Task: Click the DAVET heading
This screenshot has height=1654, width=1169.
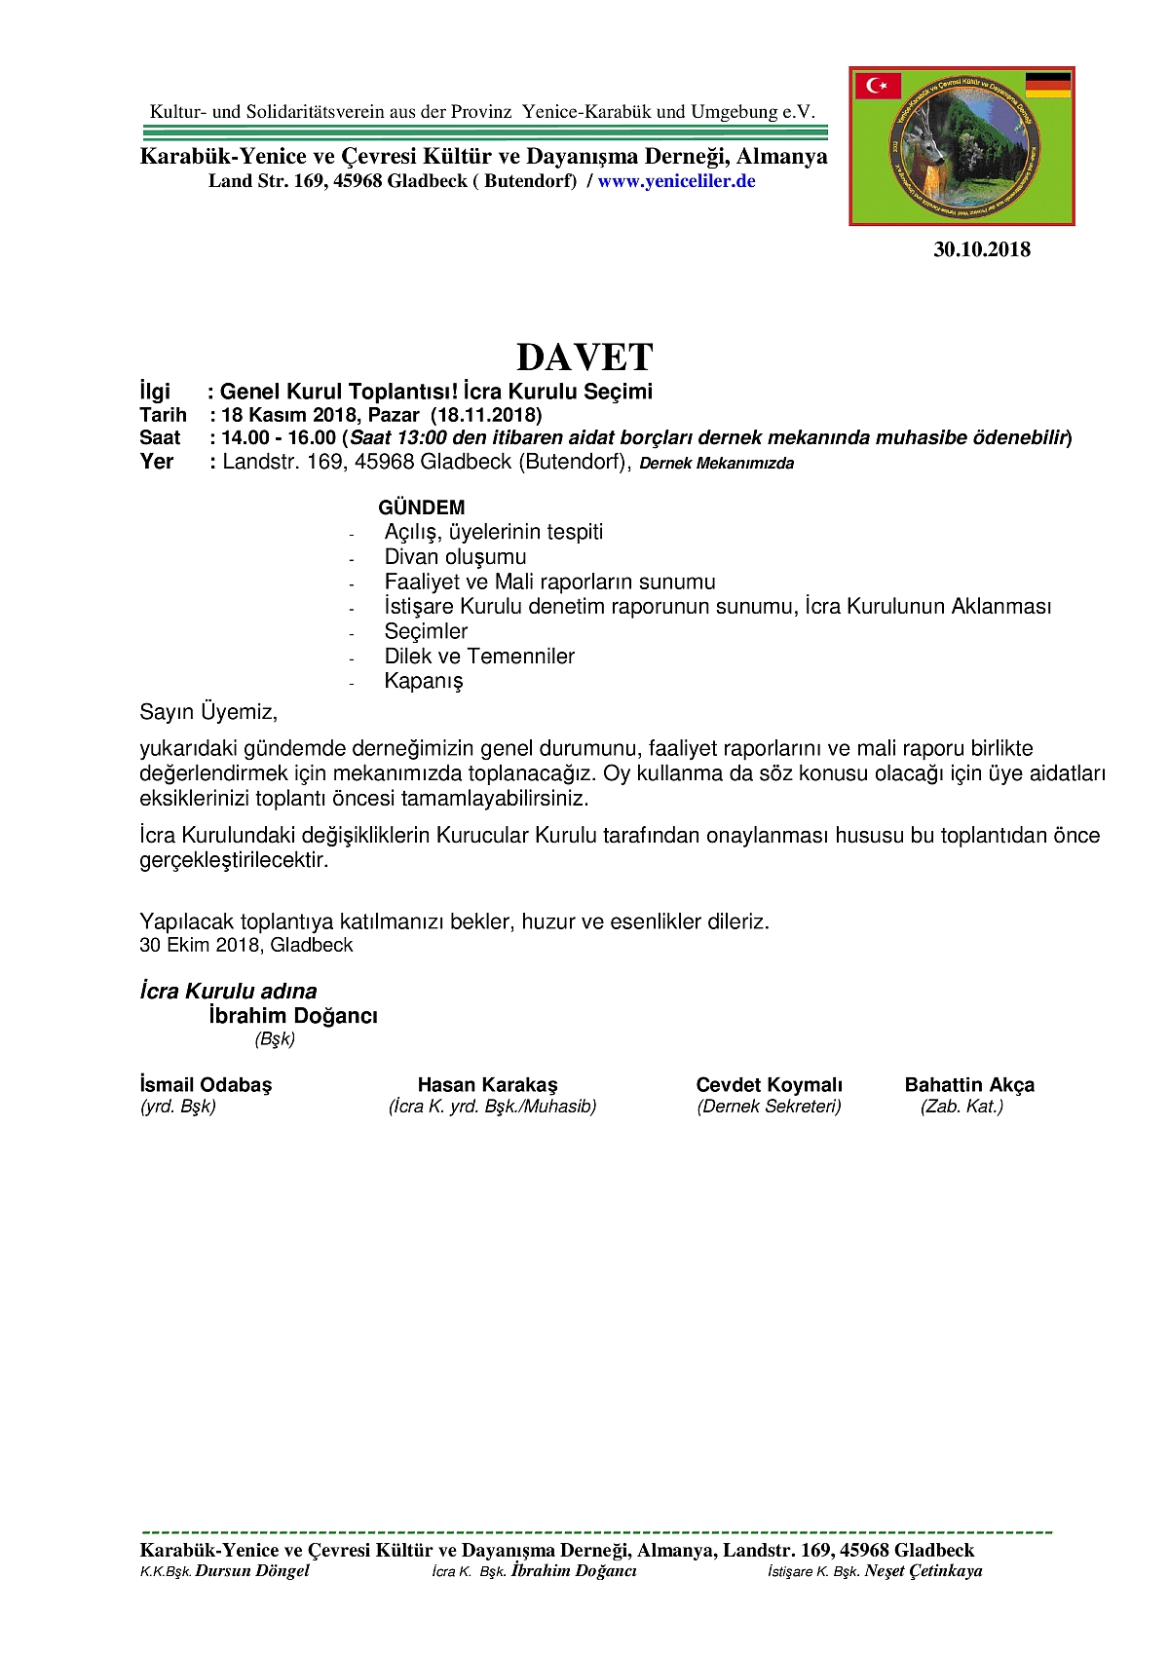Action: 584,357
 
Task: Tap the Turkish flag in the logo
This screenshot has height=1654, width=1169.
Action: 878,86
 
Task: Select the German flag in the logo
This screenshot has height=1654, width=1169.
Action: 1048,85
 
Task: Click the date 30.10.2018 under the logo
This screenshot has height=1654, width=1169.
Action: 981,249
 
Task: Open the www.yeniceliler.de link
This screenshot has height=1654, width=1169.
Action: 676,181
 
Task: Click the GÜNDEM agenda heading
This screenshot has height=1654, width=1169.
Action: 421,507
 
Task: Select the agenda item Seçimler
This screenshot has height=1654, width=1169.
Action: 426,631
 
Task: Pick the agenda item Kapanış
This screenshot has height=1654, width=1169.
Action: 424,681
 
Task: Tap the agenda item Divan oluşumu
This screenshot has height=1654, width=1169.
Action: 455,557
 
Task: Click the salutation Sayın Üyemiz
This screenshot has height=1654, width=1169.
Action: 208,712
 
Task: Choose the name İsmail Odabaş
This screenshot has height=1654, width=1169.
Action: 206,1085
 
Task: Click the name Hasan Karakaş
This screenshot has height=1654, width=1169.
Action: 487,1085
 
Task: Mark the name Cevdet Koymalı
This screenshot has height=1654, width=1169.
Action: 769,1085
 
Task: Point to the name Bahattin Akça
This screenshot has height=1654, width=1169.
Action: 969,1085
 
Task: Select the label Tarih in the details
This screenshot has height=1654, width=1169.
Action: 163,415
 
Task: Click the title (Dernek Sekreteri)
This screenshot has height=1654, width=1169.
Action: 769,1107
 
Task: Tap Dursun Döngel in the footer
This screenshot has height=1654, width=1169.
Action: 251,1570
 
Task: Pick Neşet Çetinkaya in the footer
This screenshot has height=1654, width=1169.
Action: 923,1570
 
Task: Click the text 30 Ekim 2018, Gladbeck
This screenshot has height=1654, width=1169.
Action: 245,945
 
